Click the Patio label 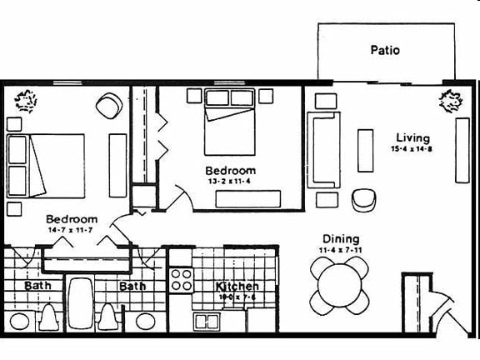pyautogui.click(x=385, y=50)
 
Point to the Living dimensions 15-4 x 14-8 pyautogui.click(x=411, y=149)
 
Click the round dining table pyautogui.click(x=340, y=284)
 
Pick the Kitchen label pyautogui.click(x=237, y=286)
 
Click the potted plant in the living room pyautogui.click(x=450, y=101)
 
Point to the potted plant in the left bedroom pyautogui.click(x=26, y=101)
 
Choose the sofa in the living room pyautogui.click(x=324, y=150)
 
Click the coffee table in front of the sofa pyautogui.click(x=365, y=150)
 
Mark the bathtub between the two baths pyautogui.click(x=80, y=303)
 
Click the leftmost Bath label pyautogui.click(x=37, y=286)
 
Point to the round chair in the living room pyautogui.click(x=363, y=199)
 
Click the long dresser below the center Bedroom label pyautogui.click(x=247, y=198)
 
